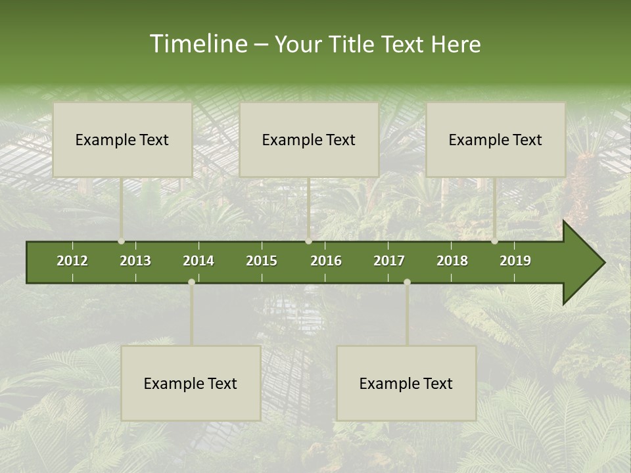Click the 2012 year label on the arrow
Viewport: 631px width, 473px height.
tap(72, 261)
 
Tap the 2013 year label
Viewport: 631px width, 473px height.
tap(135, 261)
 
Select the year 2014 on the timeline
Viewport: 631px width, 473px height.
tap(199, 261)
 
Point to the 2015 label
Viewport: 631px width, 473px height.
tap(262, 261)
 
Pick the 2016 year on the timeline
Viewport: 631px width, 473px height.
tap(326, 261)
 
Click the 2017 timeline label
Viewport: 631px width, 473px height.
tap(389, 261)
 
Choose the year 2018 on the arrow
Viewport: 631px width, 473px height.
tap(452, 261)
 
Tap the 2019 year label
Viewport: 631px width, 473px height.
tap(515, 261)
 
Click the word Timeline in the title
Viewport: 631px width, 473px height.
tap(198, 44)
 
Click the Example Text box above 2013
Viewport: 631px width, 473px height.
tap(122, 139)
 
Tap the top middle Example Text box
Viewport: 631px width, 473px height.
tap(309, 139)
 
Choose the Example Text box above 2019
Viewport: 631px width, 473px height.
tap(496, 139)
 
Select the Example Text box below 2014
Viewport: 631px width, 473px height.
tap(191, 383)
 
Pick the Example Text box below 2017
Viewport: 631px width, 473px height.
tap(406, 383)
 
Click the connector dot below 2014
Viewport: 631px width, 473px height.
tap(191, 282)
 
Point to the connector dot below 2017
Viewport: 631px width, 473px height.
tap(407, 282)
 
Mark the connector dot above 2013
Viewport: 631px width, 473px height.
tap(121, 241)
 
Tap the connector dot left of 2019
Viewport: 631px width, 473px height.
tap(494, 241)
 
